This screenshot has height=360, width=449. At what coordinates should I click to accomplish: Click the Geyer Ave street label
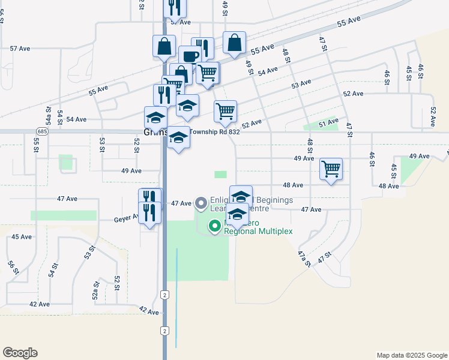click(126, 220)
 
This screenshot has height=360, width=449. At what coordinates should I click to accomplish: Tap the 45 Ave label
click(22, 237)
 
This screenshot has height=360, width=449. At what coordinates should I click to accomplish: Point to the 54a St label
click(49, 115)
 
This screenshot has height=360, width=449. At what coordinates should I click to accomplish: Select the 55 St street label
click(36, 145)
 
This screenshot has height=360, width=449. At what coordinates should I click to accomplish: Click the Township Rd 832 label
click(215, 132)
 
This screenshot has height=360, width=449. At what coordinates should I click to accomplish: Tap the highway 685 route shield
click(41, 130)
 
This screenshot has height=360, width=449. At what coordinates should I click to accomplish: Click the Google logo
click(20, 353)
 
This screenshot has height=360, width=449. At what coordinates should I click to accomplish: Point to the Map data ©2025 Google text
click(411, 355)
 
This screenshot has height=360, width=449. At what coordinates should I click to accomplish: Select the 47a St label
click(304, 259)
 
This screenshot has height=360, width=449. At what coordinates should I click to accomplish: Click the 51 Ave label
click(329, 123)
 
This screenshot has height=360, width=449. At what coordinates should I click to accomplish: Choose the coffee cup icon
click(190, 56)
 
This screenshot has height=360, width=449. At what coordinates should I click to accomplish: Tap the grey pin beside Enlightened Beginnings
click(200, 203)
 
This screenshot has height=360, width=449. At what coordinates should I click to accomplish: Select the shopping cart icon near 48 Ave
click(331, 169)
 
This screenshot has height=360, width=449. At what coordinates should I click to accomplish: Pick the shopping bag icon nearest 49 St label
click(234, 43)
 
